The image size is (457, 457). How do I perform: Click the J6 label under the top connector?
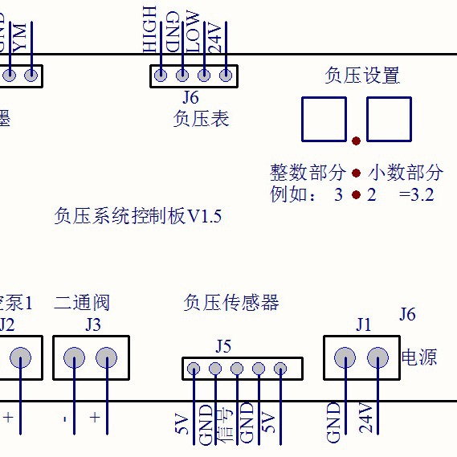(190, 98)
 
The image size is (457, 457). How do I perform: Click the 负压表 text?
(201, 119)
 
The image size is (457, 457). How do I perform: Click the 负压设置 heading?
(362, 76)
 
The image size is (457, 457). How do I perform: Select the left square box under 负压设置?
(324, 119)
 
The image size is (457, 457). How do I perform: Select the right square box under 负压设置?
(389, 119)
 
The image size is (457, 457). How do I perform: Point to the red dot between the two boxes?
(357, 141)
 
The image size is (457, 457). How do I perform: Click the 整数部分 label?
(308, 173)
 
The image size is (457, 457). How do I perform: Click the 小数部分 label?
(406, 173)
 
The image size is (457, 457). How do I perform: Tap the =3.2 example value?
(416, 194)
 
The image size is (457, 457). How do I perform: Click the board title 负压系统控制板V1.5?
(137, 216)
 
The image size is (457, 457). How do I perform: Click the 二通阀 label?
(82, 303)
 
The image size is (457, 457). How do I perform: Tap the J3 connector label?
(93, 325)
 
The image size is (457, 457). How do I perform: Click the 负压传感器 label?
(231, 303)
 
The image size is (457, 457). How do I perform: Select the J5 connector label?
(223, 346)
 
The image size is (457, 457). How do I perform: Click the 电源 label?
(418, 357)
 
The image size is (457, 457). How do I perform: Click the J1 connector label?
(364, 325)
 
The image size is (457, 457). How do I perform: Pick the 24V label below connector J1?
(366, 420)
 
